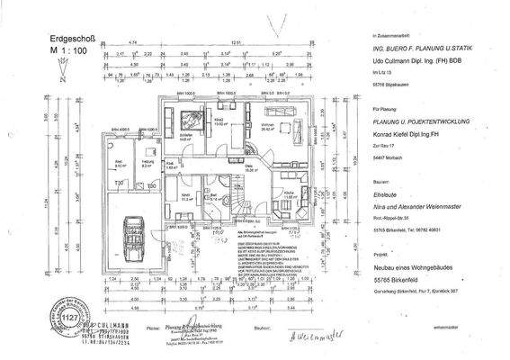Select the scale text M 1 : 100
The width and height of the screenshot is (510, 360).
(x=65, y=53)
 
